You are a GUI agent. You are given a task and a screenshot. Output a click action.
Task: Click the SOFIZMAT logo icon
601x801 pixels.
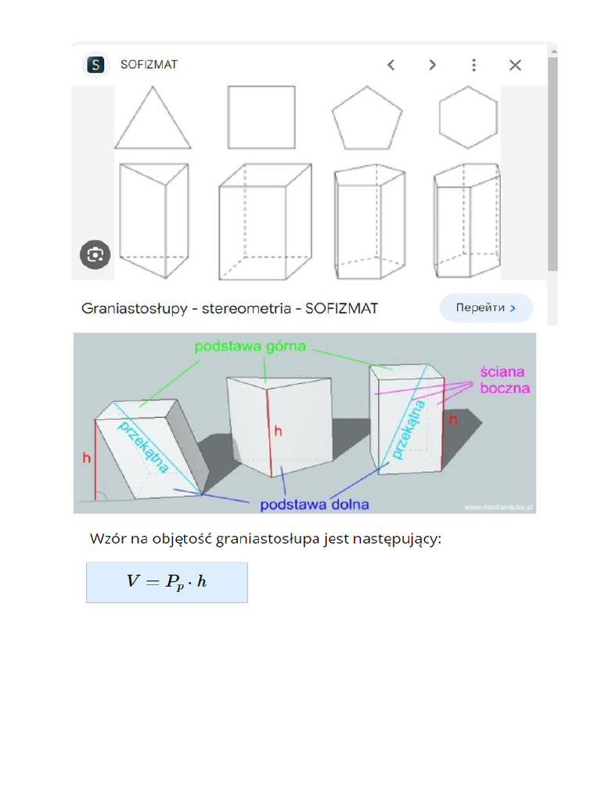tap(95, 65)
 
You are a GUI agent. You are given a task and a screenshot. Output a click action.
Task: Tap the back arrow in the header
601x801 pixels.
tap(391, 65)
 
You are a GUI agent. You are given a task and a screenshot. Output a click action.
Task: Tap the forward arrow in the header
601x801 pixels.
tap(432, 65)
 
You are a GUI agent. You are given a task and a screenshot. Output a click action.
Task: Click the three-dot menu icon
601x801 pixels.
tap(473, 65)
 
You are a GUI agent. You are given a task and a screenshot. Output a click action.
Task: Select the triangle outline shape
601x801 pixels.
tap(153, 120)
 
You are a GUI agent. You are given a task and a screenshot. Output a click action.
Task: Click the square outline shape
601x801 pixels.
tap(261, 117)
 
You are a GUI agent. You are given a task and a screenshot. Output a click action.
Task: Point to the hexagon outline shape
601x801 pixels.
tap(468, 117)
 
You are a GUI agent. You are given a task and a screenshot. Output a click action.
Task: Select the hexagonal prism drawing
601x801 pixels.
tap(466, 220)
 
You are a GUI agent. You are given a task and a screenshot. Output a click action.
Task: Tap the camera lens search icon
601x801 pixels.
tap(95, 254)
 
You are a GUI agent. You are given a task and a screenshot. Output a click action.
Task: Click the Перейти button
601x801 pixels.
tap(486, 308)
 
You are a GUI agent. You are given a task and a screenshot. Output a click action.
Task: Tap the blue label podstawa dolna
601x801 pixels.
tap(314, 505)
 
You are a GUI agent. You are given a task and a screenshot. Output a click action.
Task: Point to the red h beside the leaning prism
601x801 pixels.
tap(87, 458)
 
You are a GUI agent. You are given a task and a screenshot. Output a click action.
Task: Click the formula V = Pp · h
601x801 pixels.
tap(167, 582)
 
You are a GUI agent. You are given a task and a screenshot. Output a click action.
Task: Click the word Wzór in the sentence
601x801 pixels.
tap(107, 538)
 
